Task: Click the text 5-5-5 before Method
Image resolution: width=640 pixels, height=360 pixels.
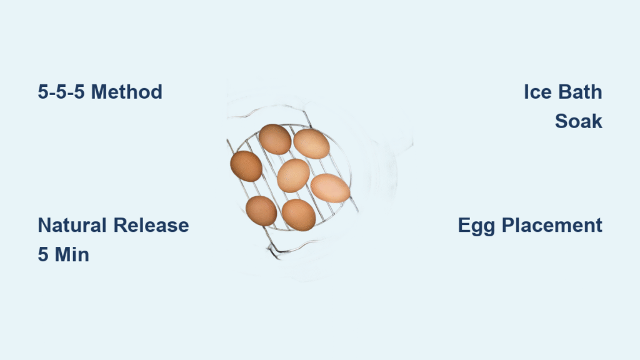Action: (61, 92)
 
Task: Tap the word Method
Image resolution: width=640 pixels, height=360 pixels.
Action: (126, 92)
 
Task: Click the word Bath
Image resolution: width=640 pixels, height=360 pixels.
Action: (581, 92)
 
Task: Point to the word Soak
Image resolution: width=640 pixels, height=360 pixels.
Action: (578, 121)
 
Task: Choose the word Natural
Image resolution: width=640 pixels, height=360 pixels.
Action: (72, 225)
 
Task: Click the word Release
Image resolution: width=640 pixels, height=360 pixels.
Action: (151, 225)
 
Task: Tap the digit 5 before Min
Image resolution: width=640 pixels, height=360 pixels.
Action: (43, 255)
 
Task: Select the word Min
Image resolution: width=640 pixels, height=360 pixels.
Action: (72, 255)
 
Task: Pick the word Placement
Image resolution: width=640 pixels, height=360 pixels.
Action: (552, 225)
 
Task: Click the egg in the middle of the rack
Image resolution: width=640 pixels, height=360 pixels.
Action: (294, 176)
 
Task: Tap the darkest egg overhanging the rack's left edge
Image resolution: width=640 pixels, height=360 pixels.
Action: (246, 166)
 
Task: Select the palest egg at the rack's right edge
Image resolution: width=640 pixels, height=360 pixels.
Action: (330, 188)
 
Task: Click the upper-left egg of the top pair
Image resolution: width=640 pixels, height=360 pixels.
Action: (275, 139)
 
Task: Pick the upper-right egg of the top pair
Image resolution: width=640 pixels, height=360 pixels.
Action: (311, 144)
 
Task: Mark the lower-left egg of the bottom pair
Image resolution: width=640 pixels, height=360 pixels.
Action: (261, 211)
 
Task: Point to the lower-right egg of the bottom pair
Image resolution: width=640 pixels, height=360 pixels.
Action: (299, 215)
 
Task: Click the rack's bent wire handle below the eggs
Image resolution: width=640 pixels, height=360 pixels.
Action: (286, 249)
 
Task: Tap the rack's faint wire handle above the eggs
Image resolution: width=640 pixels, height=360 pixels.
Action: (269, 109)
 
